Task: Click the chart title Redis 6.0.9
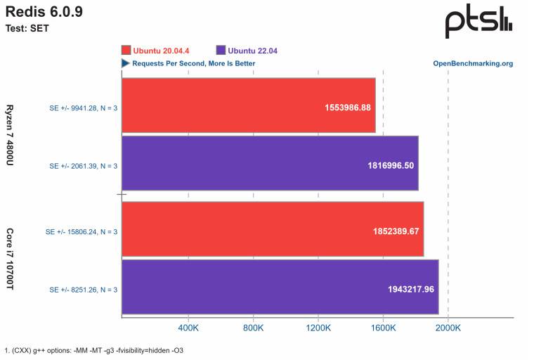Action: (44, 12)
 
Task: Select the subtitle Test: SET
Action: (27, 29)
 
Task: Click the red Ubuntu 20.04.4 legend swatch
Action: (126, 51)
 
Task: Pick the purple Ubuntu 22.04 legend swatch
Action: (221, 51)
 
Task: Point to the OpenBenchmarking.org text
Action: (472, 63)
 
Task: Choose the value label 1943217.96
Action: (411, 289)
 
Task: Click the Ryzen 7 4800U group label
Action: (11, 136)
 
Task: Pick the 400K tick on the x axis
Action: (188, 328)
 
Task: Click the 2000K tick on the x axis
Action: (448, 328)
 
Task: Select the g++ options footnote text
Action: (93, 349)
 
